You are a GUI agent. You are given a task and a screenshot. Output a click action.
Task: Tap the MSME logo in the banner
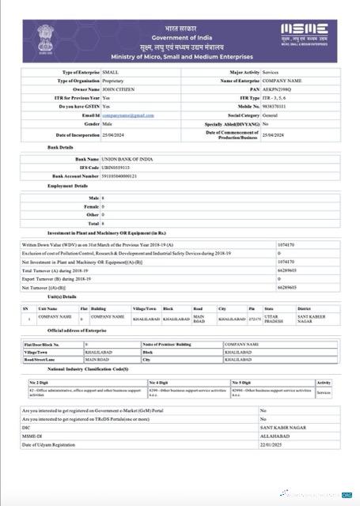coord(306,34)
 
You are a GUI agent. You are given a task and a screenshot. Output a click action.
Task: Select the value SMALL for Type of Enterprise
coord(112,72)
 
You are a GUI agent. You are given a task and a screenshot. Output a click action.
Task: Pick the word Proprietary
coord(116,81)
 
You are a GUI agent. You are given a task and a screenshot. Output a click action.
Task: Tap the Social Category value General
coord(271,115)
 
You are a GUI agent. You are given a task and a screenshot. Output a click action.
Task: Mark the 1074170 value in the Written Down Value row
coord(287,244)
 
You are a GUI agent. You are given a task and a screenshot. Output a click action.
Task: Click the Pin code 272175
coord(254,318)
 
